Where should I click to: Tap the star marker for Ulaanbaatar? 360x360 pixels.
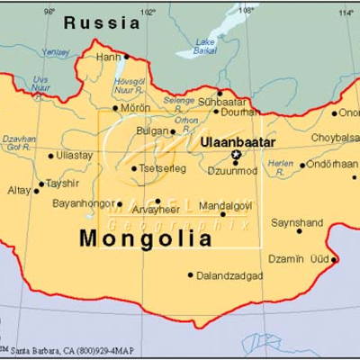(237, 154)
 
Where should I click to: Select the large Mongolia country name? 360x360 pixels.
(147, 239)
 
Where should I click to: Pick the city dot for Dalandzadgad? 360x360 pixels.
(190, 274)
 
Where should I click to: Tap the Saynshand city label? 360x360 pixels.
(297, 220)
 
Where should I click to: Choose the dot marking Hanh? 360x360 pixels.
(126, 56)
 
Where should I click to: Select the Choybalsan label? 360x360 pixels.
(335, 138)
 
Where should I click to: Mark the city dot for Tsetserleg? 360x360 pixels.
(134, 167)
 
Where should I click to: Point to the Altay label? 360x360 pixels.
(19, 191)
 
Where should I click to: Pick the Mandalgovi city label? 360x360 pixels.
(224, 205)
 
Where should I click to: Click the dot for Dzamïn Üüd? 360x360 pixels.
(334, 260)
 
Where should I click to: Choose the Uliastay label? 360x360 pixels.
(75, 155)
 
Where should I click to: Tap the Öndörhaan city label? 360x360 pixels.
(332, 165)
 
